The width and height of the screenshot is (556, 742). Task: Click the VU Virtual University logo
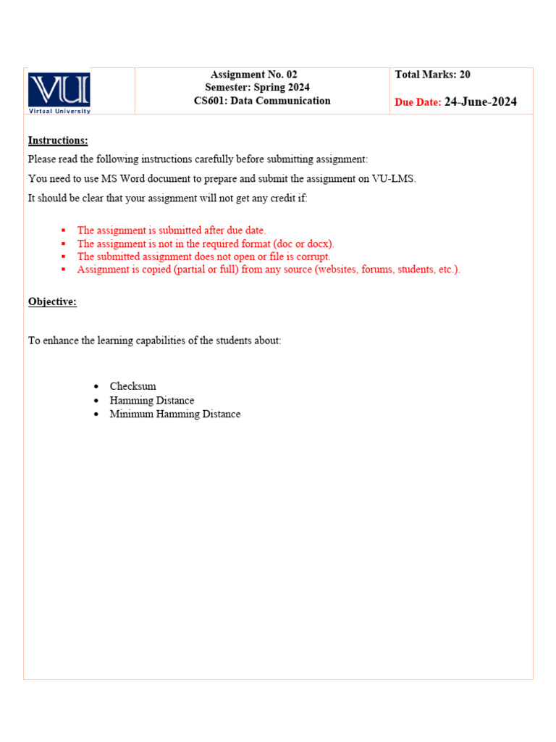pos(59,92)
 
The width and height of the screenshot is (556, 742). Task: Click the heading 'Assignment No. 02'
pos(253,75)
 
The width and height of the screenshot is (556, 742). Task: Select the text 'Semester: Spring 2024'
pos(257,88)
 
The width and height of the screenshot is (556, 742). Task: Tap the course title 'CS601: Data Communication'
pos(262,101)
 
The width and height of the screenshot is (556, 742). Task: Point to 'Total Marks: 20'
pos(433,75)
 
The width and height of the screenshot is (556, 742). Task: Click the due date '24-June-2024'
pos(481,102)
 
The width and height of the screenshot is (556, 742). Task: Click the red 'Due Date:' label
pos(418,103)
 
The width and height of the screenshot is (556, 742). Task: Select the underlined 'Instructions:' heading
pos(58,141)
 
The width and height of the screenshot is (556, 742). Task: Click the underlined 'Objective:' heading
pos(52,301)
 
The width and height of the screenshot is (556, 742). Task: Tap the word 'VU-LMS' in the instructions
pos(393,178)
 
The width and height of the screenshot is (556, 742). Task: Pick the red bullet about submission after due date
pos(172,230)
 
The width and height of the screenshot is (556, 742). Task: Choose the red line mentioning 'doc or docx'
pos(206,243)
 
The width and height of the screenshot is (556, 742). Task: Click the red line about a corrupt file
pos(203,257)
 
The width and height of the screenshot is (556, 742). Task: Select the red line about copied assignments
pos(269,270)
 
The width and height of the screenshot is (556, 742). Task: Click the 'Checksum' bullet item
pos(132,386)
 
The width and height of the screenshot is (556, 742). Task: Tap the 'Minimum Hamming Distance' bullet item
pos(175,414)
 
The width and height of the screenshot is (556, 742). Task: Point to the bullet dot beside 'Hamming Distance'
pos(97,401)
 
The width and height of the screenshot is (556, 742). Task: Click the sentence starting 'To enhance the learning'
pos(154,340)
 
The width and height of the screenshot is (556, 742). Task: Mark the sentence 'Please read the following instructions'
pos(198,159)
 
